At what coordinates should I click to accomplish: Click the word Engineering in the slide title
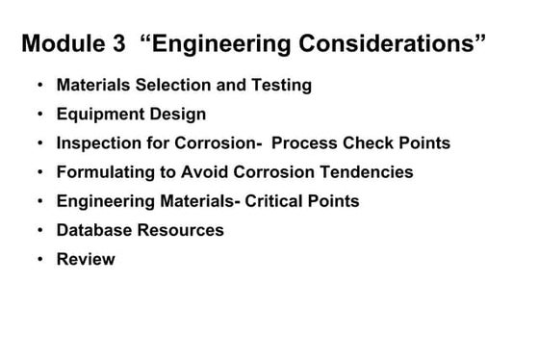(x=226, y=45)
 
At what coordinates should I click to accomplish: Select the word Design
(x=177, y=116)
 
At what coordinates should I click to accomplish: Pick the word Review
(x=86, y=259)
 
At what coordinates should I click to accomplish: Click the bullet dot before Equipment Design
(x=39, y=115)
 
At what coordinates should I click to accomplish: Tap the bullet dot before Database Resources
(x=39, y=230)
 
